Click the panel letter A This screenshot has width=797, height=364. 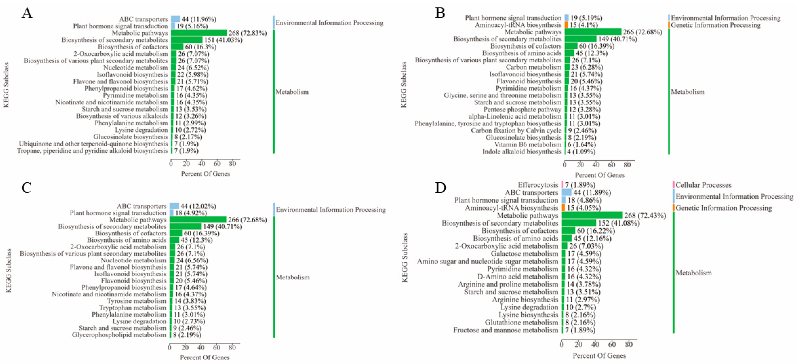(27, 13)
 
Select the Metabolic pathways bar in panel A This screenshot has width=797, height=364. (199, 33)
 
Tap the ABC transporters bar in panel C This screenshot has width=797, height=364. (174, 206)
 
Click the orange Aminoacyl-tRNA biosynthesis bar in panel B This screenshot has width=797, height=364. (566, 25)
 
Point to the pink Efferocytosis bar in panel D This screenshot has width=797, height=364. (562, 185)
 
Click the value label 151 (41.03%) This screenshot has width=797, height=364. (223, 40)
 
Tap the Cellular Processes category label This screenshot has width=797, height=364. (703, 185)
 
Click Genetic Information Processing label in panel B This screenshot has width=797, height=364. (715, 25)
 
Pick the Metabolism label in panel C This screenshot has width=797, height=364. (292, 277)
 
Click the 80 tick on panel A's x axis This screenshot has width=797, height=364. (232, 164)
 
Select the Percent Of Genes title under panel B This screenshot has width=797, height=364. (600, 175)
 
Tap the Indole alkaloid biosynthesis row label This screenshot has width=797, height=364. (522, 151)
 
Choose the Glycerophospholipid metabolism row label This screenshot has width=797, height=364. (119, 335)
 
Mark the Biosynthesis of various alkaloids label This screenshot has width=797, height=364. (122, 116)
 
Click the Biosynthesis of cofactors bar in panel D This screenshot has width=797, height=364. (568, 231)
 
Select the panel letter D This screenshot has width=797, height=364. (440, 188)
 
